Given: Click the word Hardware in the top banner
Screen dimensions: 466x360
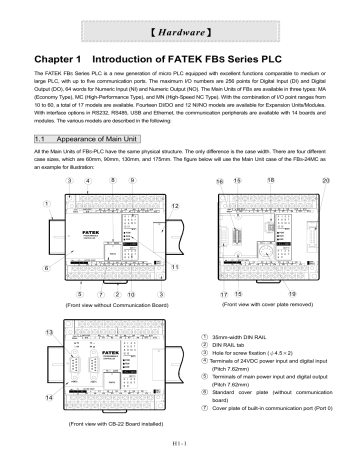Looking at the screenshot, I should click(180, 17).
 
